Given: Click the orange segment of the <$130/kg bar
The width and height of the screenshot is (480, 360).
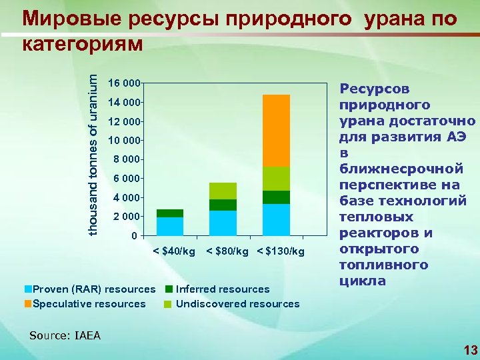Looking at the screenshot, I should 276,131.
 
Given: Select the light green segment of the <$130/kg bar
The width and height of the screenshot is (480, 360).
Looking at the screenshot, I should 276,179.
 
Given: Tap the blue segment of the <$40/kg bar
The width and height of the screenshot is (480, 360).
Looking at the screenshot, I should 170,227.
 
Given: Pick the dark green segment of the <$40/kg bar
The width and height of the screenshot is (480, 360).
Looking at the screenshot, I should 170,213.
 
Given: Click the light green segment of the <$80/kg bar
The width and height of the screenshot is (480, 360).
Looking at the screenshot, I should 223,191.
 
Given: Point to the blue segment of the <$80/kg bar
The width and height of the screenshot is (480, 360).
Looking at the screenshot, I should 223,223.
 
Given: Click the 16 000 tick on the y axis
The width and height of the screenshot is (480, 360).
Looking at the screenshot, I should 126,83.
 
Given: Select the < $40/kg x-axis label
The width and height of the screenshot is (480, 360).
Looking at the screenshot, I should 174,251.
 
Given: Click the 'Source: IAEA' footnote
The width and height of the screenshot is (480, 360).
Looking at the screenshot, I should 65,335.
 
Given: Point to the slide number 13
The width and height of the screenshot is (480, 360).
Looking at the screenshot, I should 469,350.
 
